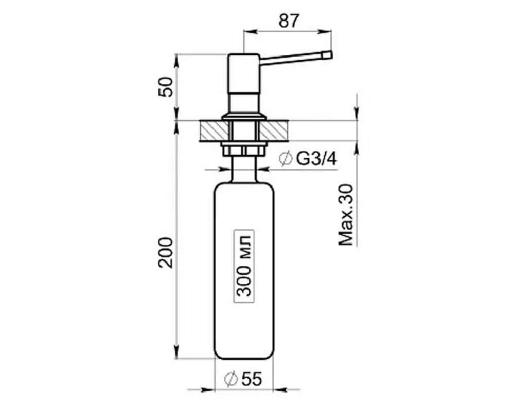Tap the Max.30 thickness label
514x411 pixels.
346,215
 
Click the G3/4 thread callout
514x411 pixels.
316,159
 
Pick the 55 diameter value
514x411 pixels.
252,379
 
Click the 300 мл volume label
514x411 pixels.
244,266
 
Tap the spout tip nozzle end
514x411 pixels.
328,55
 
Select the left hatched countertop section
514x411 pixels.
214,131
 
